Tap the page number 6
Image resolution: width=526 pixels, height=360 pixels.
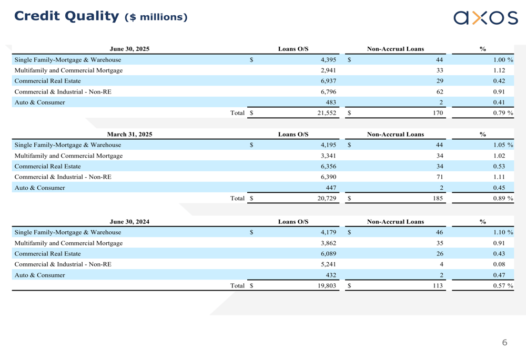coord(504,343)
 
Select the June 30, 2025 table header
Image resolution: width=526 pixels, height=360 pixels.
coord(129,49)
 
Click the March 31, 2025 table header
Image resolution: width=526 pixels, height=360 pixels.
coord(129,134)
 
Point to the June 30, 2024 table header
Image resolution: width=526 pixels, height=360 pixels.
coord(129,221)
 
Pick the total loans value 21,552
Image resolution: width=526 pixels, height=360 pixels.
coord(327,112)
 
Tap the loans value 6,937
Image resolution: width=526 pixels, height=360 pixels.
coord(328,81)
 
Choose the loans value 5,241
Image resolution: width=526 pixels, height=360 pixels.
coord(328,264)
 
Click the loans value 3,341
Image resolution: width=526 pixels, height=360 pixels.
coord(328,156)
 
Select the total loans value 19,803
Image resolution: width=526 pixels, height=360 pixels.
coord(327,285)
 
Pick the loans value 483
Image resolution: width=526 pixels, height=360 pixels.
coord(331,102)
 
